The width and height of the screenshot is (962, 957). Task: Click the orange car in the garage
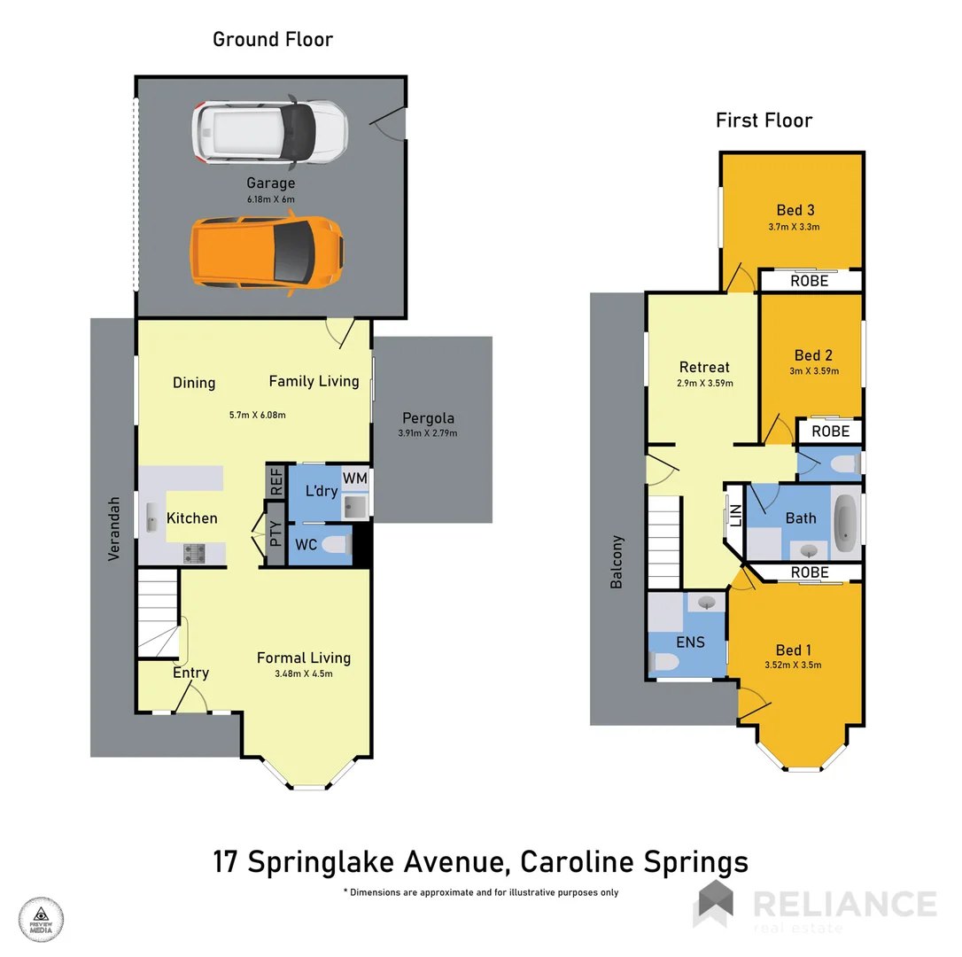click(267, 253)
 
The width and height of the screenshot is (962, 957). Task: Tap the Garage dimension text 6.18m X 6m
click(270, 199)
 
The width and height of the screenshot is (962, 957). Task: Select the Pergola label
click(429, 417)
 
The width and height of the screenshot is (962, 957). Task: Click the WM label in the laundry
click(354, 478)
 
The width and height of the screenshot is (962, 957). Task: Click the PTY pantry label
click(275, 533)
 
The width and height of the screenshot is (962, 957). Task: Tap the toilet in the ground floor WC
click(334, 544)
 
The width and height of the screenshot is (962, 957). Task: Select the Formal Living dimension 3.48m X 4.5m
click(304, 673)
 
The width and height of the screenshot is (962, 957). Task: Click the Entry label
click(190, 673)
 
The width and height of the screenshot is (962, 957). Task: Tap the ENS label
click(689, 641)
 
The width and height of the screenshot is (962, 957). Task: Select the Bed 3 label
click(795, 210)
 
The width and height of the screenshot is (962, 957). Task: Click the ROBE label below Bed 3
click(810, 281)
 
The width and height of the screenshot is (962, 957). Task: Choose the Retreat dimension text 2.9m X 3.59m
click(704, 384)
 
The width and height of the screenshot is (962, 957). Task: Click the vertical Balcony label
click(617, 562)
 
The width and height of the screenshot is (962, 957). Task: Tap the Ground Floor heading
click(273, 39)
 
